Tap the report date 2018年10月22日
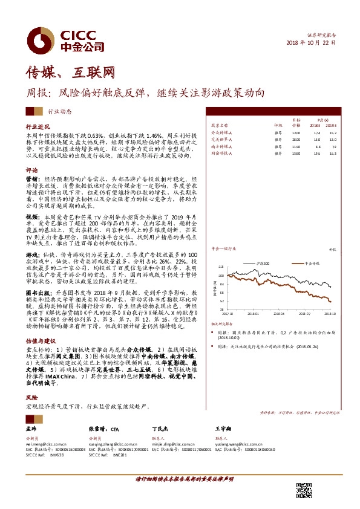click(x=310, y=44)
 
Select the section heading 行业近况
click(x=37, y=128)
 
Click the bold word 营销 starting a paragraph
click(x=31, y=180)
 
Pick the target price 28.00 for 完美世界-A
click(x=296, y=139)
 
